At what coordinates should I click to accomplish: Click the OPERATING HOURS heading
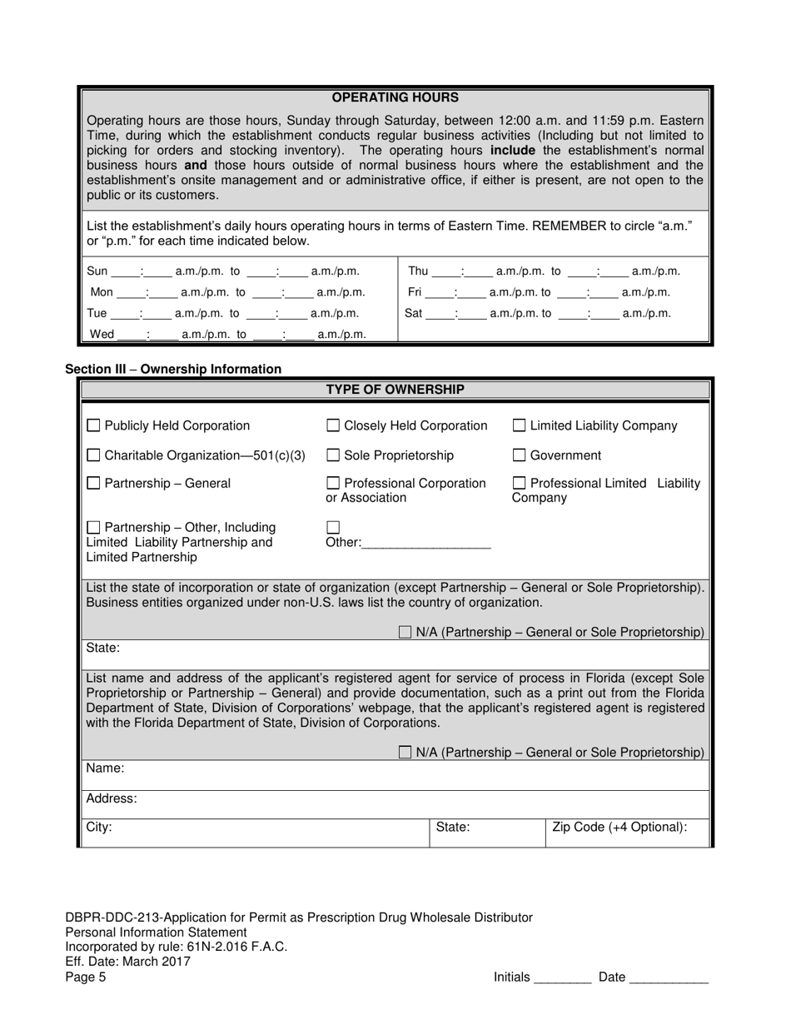coord(395,97)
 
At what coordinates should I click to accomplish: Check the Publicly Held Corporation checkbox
coord(94,425)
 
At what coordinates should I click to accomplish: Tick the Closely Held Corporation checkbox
coord(333,425)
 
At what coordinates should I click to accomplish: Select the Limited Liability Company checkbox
coord(519,425)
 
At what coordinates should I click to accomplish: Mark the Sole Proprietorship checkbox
coord(333,455)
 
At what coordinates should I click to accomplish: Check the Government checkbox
coord(519,455)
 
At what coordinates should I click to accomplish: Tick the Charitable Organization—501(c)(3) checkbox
coord(94,455)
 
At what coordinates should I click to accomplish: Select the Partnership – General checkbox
coord(94,483)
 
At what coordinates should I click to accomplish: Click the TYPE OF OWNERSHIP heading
coord(395,390)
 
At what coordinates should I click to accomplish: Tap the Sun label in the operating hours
coord(97,271)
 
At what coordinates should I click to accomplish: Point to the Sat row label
coord(414,314)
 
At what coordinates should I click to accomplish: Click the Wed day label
coord(102,335)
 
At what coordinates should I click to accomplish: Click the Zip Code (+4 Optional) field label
coord(619,828)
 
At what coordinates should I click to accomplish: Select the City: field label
coord(99,828)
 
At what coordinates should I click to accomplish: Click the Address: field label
coord(112,798)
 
